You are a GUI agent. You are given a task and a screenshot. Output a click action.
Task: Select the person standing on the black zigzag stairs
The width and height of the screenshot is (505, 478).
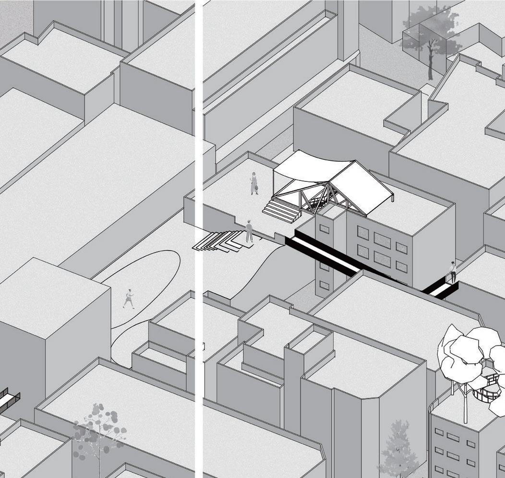[249, 231]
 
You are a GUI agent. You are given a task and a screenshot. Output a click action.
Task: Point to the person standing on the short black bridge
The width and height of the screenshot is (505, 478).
[452, 272]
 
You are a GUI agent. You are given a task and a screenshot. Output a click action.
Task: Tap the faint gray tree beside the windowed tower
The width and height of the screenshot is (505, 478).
[398, 449]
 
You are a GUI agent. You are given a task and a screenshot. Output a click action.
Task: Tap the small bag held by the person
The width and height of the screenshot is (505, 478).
[257, 189]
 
